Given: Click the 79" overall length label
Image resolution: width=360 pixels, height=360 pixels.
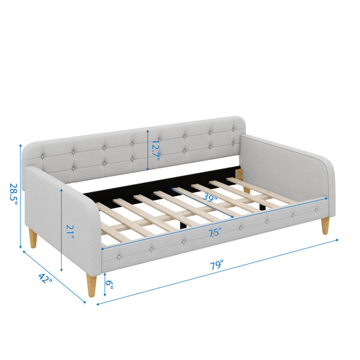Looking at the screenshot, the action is (216, 265).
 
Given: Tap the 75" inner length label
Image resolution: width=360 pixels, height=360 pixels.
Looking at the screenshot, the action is (215, 232).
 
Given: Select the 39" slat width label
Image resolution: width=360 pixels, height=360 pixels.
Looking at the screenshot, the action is (209, 197).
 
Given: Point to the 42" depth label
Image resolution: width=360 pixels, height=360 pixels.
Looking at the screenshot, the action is (46, 278).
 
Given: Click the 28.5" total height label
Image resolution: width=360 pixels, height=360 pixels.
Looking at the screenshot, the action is (13, 195).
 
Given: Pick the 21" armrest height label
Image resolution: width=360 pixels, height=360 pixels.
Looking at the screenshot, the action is (70, 232).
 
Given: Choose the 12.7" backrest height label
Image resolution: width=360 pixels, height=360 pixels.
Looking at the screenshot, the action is (155, 151).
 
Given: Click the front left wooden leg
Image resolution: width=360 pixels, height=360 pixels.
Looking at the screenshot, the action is (91, 285).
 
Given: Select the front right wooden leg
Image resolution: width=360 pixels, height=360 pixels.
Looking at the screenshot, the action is (325, 226).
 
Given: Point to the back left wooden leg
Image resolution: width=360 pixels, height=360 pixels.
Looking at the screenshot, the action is (33, 238).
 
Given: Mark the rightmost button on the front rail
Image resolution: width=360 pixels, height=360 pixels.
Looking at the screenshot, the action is (316, 209).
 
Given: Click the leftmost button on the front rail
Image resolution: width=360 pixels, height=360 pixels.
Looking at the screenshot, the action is (119, 257).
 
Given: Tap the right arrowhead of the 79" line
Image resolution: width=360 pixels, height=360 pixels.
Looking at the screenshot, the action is (337, 240).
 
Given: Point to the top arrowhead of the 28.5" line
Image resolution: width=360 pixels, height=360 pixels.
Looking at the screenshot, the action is (20, 146).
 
